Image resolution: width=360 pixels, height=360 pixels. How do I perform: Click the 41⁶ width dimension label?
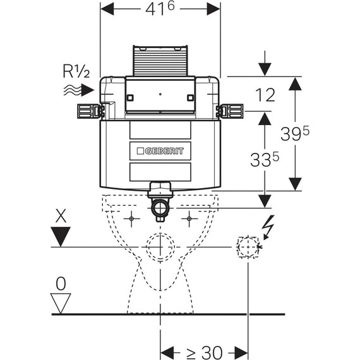pyautogui.click(x=160, y=9)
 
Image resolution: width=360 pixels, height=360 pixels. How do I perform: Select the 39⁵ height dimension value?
pyautogui.click(x=295, y=134)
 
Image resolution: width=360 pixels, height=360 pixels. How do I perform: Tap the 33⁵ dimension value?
pyautogui.click(x=265, y=160)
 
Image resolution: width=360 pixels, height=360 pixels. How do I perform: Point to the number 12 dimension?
pyautogui.click(x=265, y=95)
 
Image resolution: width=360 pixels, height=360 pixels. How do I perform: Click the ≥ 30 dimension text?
pyautogui.click(x=205, y=352)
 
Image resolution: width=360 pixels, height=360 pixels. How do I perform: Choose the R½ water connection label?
pyautogui.click(x=76, y=71)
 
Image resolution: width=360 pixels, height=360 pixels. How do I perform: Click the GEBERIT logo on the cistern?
pyautogui.click(x=160, y=151)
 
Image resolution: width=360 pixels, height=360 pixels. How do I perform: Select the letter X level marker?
pyautogui.click(x=61, y=215)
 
